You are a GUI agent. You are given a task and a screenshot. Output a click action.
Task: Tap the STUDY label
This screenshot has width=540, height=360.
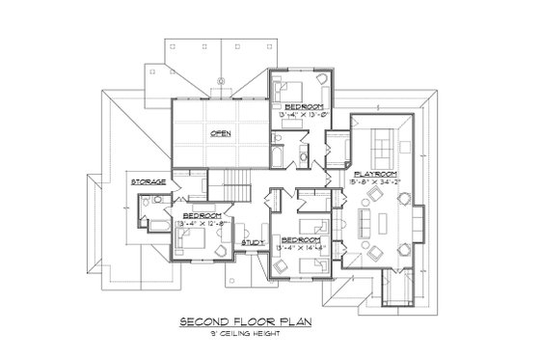[254, 242]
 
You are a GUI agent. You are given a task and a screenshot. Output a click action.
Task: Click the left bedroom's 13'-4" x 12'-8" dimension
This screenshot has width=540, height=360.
[204, 222]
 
